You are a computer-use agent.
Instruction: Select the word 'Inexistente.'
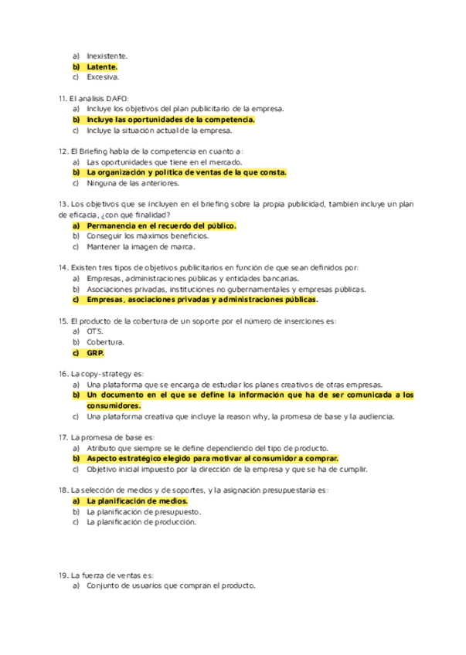coord(107,56)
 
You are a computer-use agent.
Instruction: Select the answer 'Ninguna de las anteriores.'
coord(133,184)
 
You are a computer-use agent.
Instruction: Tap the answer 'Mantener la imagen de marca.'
coord(141,247)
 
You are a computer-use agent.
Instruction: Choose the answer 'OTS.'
coord(95,331)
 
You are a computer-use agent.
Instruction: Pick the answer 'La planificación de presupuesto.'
coord(144,511)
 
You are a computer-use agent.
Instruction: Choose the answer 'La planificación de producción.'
coord(141,522)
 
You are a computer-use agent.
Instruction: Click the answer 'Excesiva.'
coord(103,77)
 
